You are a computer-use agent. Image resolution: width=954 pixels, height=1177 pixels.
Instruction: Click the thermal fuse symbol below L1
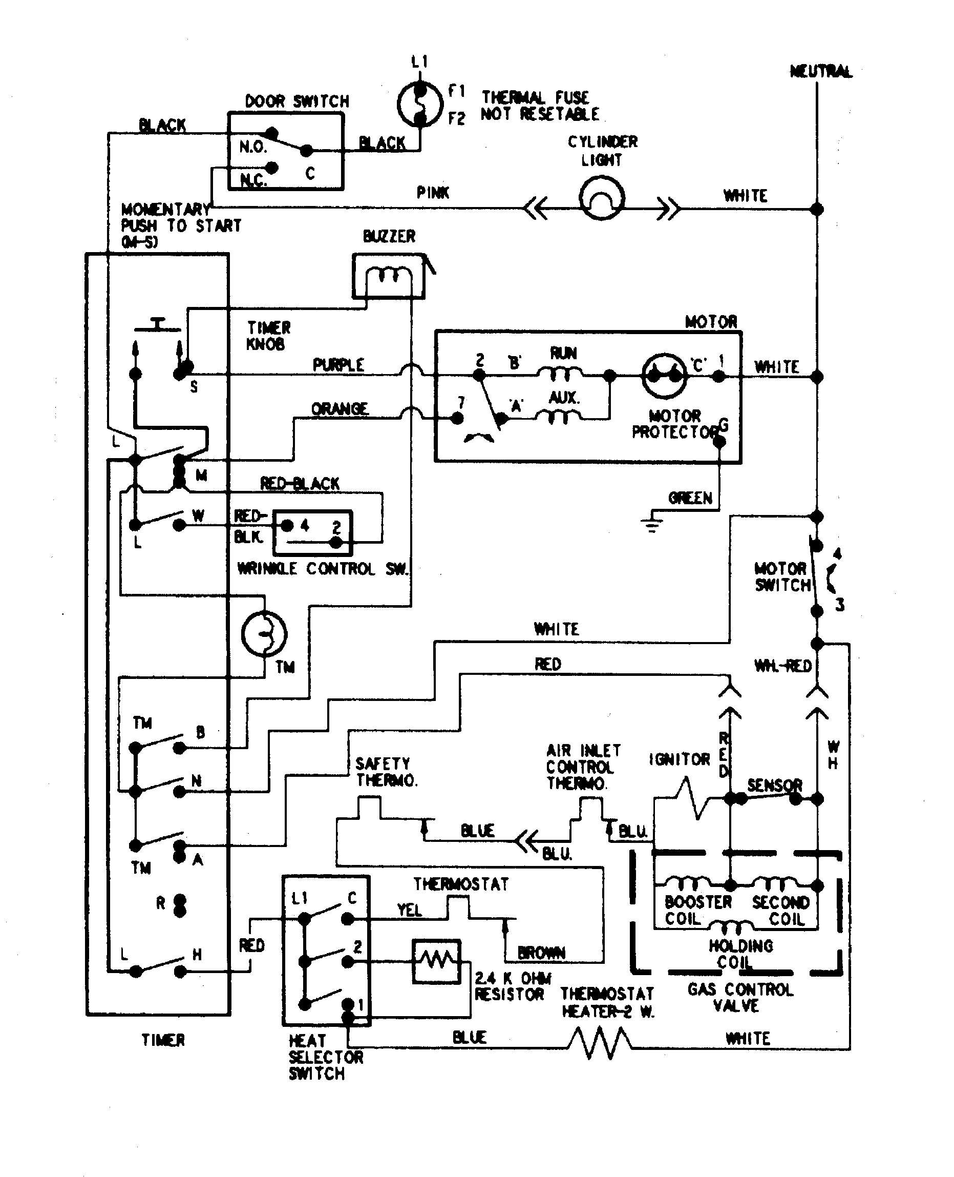420,104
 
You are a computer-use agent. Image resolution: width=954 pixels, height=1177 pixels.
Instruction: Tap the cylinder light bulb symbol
602,198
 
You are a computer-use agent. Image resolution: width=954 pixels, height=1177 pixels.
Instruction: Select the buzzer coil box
389,276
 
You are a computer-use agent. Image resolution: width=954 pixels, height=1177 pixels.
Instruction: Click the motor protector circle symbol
664,376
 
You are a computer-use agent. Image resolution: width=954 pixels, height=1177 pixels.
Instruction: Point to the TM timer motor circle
264,633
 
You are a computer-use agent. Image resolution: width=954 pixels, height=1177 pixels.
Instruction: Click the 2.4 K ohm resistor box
436,961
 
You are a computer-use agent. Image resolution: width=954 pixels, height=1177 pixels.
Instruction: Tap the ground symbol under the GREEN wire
652,524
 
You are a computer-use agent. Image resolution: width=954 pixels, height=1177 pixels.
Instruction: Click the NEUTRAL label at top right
821,71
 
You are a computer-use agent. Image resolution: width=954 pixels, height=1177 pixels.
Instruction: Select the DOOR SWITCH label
297,101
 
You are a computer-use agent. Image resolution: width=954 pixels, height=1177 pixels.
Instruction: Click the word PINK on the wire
433,193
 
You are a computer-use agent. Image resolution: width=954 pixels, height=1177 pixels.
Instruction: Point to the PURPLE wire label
338,365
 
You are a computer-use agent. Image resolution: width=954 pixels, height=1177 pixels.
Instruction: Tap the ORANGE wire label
340,409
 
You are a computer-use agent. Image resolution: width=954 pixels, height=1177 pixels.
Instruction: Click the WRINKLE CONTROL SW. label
323,569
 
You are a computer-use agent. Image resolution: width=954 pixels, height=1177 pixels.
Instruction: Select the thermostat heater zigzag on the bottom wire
600,1043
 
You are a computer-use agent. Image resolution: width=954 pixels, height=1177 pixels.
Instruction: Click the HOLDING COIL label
740,954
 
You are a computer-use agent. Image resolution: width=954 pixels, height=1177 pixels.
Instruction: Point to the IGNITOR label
680,760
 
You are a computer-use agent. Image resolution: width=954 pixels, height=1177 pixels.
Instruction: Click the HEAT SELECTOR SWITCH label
325,1057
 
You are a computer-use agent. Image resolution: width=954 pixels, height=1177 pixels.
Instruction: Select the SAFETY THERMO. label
386,772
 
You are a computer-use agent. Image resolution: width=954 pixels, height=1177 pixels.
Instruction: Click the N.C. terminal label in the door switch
253,180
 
